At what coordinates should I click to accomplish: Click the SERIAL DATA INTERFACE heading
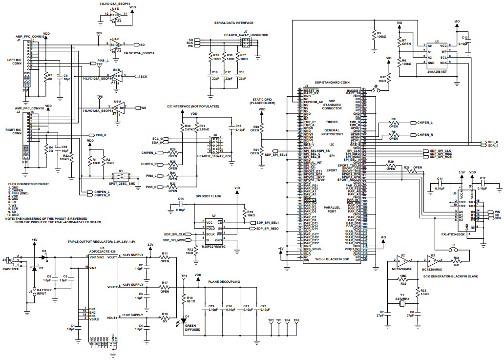point(234,22)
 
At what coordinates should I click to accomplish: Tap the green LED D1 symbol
point(184,322)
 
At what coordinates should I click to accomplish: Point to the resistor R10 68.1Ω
point(184,298)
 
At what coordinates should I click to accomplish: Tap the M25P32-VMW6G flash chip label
point(214,247)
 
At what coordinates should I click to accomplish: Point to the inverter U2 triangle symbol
point(404,261)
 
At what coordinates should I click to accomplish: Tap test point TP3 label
point(184,276)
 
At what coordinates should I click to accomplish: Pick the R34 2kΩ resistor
point(456,261)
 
